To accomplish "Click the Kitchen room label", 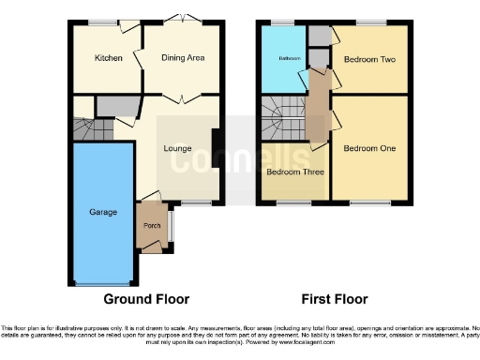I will coord(108,58).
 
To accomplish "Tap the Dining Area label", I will coord(184,58).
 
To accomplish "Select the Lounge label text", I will coord(177,148).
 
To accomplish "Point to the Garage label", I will coord(103,213).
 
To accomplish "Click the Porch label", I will coord(149,227).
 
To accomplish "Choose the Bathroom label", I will coord(288,59).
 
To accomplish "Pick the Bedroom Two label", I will coord(368,59).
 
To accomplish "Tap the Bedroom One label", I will coord(368,148).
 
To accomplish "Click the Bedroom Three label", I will coord(293,172).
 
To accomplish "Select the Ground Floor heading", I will coord(146,300).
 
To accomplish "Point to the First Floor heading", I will coord(334,300).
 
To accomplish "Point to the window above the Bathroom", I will coord(284,22).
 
